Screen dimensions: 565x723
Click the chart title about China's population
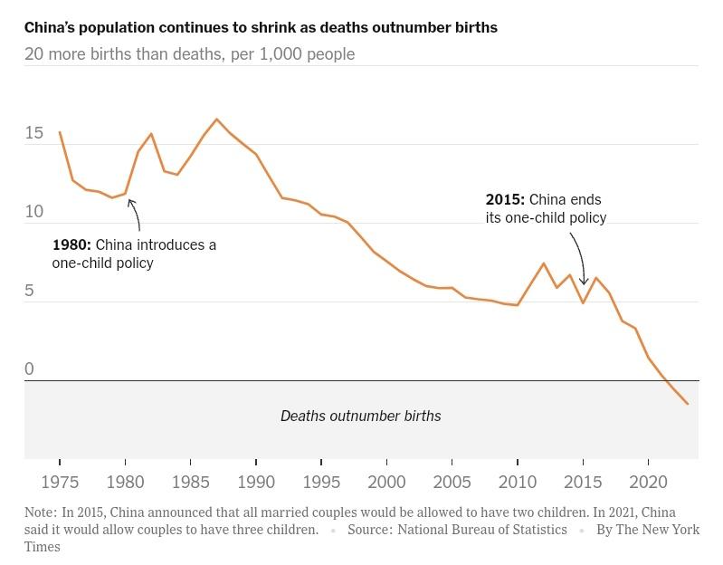point(261,27)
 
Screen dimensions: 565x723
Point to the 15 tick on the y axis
point(34,133)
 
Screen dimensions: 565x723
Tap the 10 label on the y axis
point(34,212)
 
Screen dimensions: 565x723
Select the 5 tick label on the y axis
point(29,291)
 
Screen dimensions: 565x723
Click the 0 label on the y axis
point(29,369)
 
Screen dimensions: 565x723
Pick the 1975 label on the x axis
point(60,482)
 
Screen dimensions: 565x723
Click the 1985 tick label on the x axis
point(191,482)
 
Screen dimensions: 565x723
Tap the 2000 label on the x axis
point(386,482)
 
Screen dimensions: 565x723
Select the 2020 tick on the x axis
point(648,482)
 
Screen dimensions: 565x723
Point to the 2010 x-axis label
point(518,482)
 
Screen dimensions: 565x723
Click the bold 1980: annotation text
point(71,245)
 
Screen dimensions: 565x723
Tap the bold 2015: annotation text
point(505,200)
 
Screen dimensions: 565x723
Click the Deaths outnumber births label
point(360,417)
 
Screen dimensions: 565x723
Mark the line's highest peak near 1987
point(217,120)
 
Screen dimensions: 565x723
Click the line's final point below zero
point(688,404)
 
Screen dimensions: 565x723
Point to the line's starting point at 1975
point(60,133)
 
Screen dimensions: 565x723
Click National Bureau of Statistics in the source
point(481,531)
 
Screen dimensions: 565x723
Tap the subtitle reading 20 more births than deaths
point(189,54)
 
